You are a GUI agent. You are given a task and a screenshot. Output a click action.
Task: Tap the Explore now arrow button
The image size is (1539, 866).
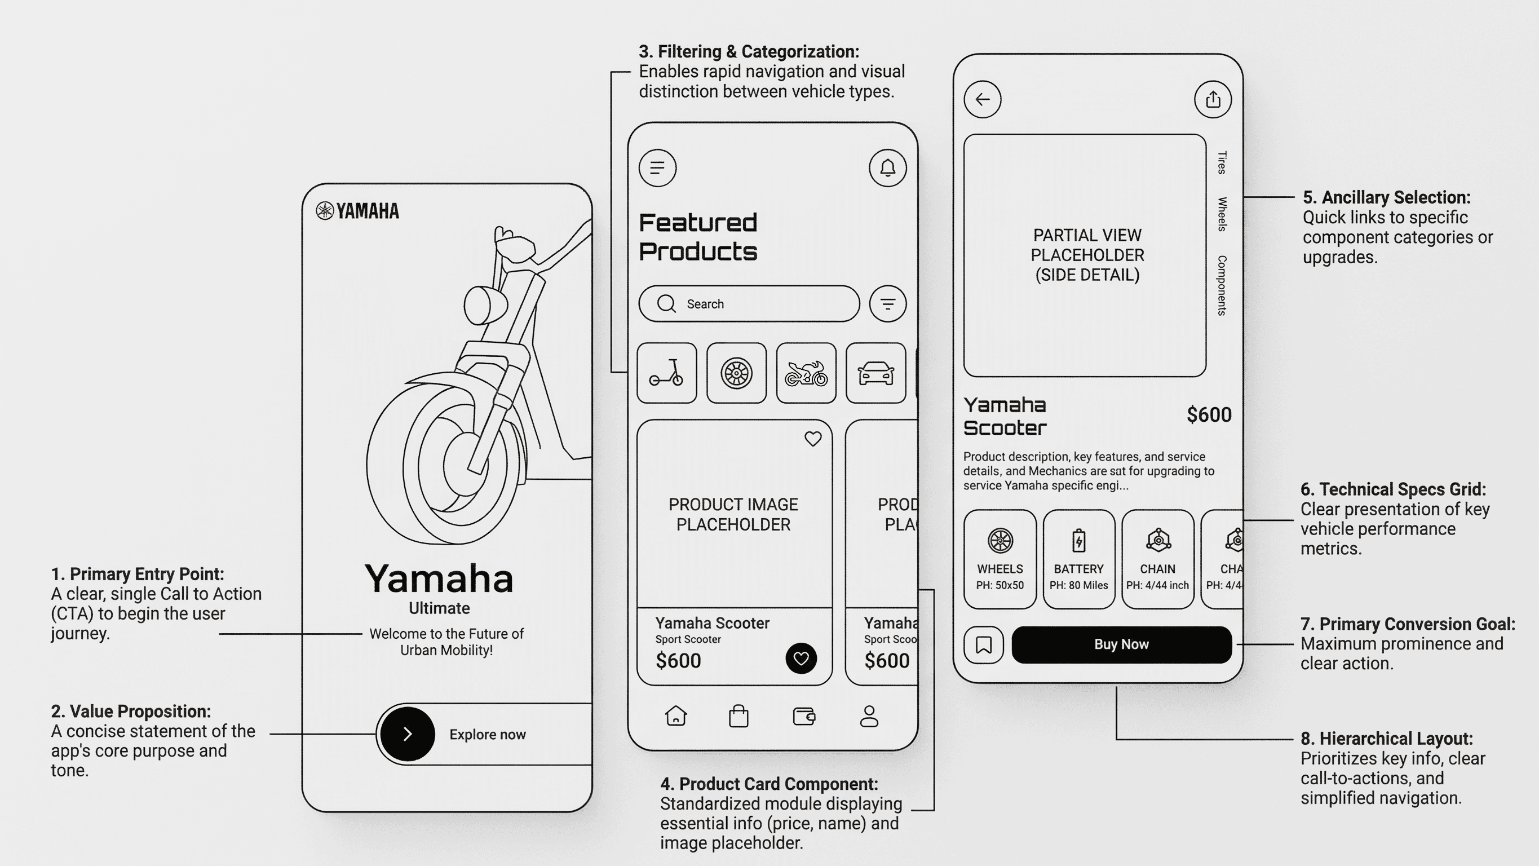408,734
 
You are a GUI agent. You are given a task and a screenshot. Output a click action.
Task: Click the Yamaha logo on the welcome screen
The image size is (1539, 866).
357,211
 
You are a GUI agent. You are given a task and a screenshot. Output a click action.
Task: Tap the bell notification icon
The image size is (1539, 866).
887,168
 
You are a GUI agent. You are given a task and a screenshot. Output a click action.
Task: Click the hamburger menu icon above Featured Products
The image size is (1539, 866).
657,168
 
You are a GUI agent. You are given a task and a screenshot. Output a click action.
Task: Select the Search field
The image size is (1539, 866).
749,304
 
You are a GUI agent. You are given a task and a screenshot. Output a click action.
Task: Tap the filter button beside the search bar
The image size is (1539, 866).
887,304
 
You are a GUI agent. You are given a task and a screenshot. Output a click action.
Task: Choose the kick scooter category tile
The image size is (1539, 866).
667,373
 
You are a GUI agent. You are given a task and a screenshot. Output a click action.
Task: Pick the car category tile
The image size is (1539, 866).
875,373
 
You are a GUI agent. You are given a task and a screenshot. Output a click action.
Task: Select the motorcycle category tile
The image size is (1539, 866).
806,373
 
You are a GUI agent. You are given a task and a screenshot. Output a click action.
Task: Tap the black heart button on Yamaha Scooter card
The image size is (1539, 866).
801,658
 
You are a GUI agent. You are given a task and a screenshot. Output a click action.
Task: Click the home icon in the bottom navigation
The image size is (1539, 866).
676,715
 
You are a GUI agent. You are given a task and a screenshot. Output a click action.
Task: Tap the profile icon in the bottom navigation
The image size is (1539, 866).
869,715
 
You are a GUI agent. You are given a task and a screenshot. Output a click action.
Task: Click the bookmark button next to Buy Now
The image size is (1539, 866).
983,644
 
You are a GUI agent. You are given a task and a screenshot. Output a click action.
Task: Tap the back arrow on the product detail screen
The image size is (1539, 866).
982,99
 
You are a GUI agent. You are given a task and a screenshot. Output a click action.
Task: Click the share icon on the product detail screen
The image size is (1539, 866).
1212,99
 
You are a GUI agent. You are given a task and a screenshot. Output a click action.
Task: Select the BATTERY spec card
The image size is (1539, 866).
1078,559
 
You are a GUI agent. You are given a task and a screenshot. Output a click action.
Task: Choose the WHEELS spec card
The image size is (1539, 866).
1000,559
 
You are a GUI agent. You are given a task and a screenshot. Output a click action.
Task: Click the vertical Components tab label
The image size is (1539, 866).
1222,285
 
